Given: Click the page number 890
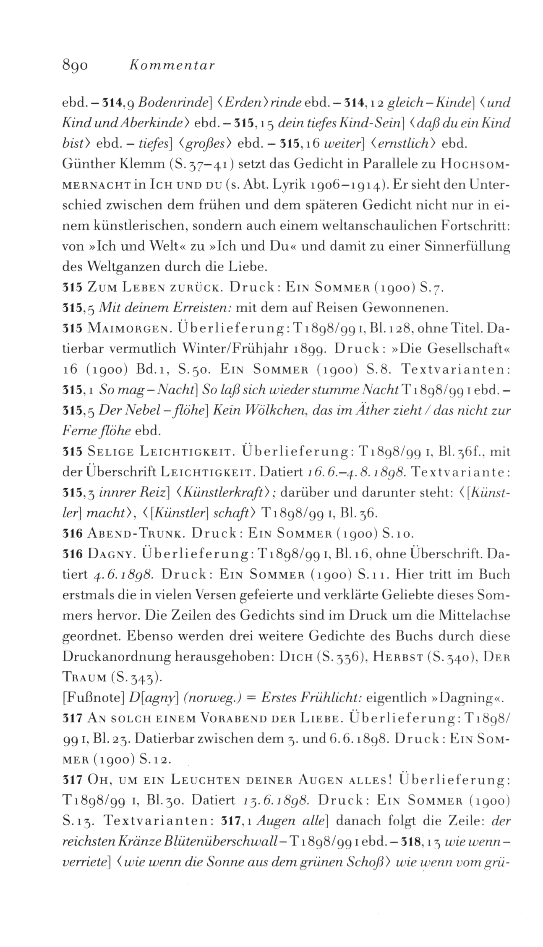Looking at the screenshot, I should pyautogui.click(x=75, y=66).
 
